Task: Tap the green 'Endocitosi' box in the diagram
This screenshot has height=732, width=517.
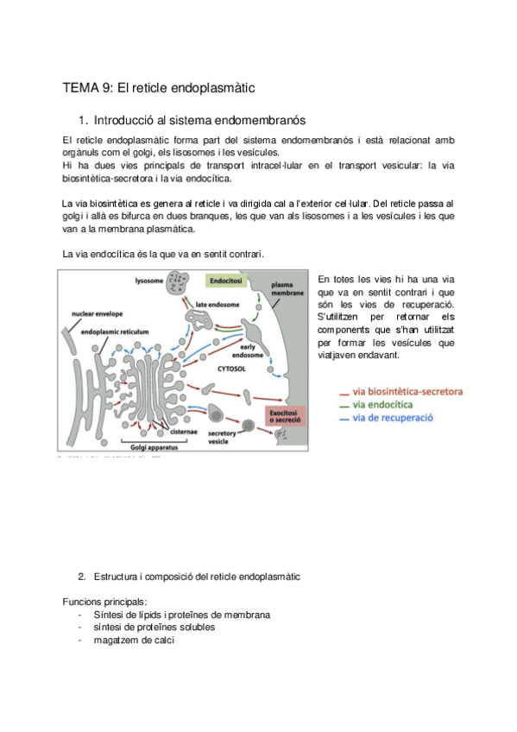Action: point(223,281)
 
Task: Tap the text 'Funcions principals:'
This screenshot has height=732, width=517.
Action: point(104,601)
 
